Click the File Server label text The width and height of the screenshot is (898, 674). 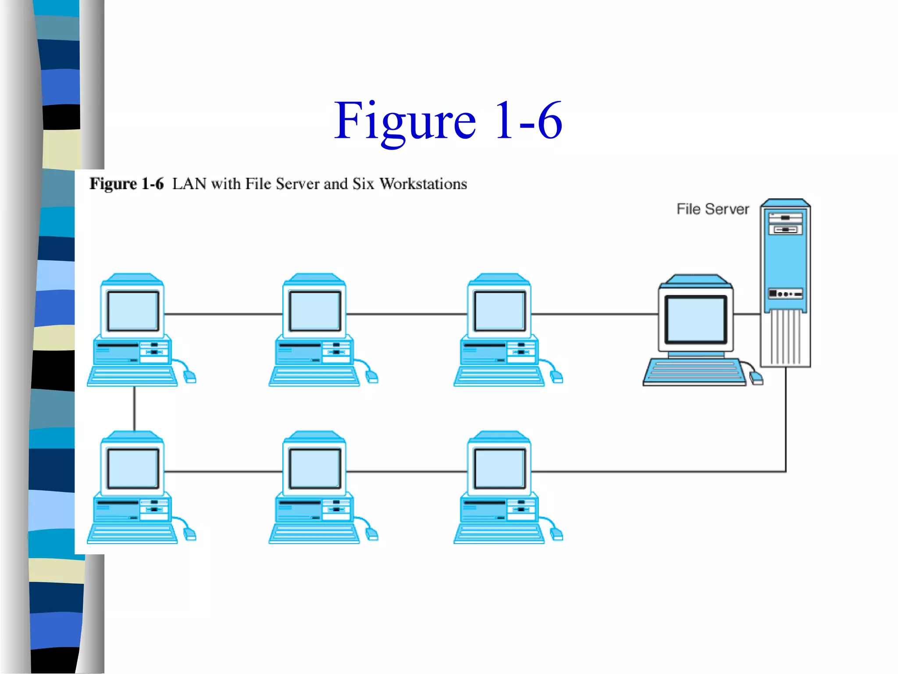coord(713,209)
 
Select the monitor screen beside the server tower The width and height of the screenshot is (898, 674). coord(695,319)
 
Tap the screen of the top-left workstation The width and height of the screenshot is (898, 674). coord(133,311)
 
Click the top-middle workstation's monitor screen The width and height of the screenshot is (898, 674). coord(315,311)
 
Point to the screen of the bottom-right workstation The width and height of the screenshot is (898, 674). coord(500,468)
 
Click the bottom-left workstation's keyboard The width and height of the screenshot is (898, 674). coord(132,534)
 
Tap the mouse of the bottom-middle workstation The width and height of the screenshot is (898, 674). coord(372,534)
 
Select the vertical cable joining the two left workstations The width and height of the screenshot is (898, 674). coord(134,408)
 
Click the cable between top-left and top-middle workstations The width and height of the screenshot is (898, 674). coord(224,314)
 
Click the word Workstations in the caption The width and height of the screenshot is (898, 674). coord(423,184)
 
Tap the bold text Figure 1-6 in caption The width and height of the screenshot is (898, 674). coord(126,184)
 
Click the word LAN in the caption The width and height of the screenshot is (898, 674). coord(189,184)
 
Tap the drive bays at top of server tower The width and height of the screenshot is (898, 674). coord(785,223)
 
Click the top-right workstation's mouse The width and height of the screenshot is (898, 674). coord(556,376)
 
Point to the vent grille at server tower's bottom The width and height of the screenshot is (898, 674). coord(785,337)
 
